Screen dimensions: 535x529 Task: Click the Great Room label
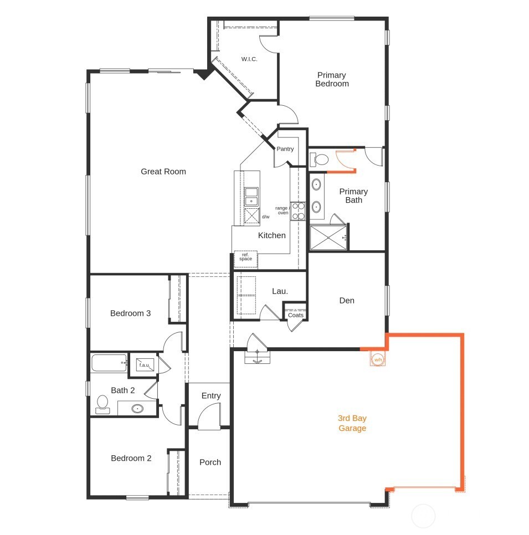[x=163, y=172]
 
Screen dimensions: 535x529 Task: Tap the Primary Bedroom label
[x=332, y=79]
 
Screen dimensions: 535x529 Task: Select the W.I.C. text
[x=249, y=59]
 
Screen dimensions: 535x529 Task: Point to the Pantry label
[x=285, y=149]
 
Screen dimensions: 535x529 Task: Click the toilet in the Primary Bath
[x=320, y=160]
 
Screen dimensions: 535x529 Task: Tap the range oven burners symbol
[x=298, y=210]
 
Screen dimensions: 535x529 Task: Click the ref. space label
[x=245, y=257]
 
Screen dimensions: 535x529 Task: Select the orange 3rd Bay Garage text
[x=352, y=423]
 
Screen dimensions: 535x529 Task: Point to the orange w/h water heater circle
[x=378, y=359]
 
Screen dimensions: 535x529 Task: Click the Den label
[x=347, y=301]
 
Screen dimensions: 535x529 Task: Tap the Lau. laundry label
[x=280, y=291]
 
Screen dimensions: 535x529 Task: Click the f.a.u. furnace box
[x=144, y=365]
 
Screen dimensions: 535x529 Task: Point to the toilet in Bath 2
[x=102, y=404]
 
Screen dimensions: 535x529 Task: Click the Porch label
[x=210, y=462]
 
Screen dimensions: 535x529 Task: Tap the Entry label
[x=211, y=396]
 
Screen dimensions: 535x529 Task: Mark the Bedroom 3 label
[x=130, y=313]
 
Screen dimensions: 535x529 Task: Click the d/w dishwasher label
[x=265, y=217]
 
